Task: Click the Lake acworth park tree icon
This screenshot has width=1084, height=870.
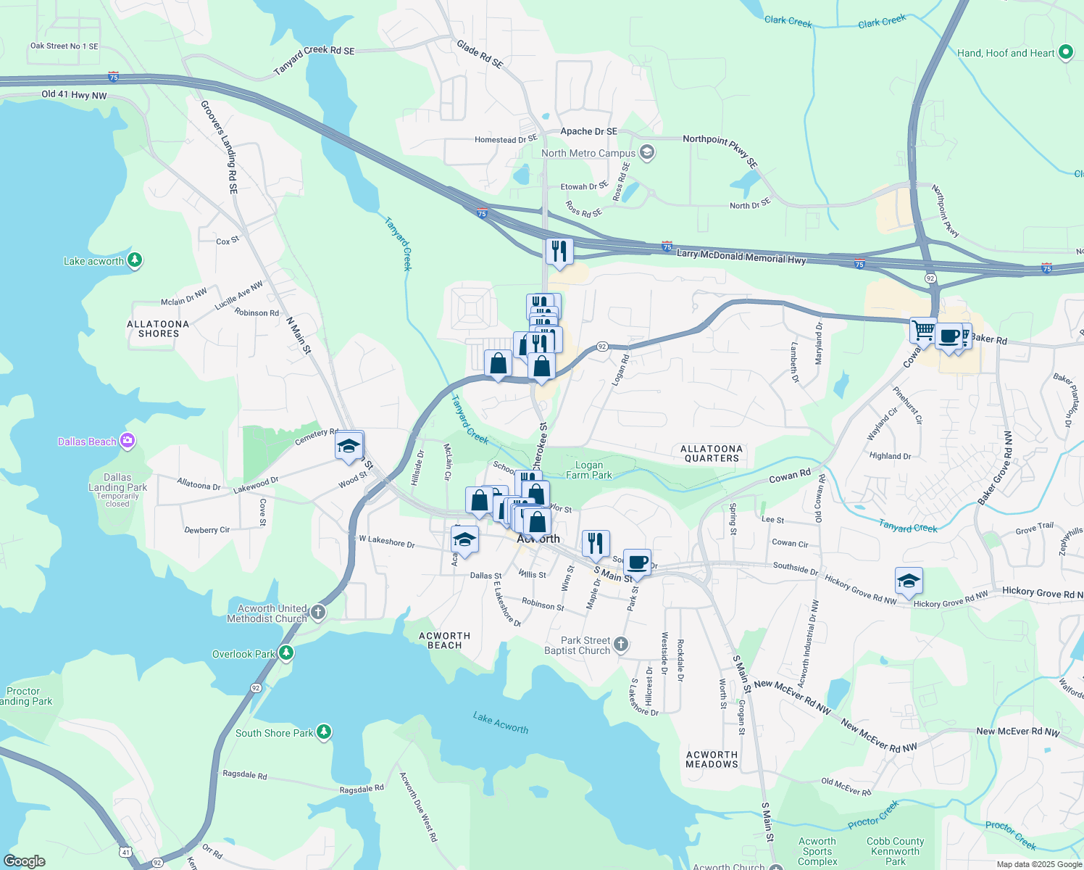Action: tap(134, 260)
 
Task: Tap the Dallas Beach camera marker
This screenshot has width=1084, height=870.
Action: tap(128, 441)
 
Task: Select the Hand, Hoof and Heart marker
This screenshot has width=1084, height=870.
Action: tap(1065, 52)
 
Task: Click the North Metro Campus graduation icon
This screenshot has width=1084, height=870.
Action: tap(647, 153)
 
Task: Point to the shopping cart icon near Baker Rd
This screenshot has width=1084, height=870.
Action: tap(923, 330)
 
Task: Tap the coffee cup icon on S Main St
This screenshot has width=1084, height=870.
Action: tap(637, 562)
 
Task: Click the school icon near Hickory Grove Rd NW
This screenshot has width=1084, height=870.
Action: tap(909, 580)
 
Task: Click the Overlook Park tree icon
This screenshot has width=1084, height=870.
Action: tap(286, 653)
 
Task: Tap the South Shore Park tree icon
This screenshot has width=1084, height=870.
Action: tap(324, 732)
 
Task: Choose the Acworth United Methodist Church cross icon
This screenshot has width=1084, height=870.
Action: tap(317, 613)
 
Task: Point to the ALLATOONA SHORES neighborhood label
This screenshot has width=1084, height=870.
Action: tap(158, 329)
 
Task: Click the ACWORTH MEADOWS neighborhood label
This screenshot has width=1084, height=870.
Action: tap(712, 759)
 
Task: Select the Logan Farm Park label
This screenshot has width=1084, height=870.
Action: tap(588, 470)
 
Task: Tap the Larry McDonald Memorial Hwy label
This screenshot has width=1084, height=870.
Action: tap(741, 256)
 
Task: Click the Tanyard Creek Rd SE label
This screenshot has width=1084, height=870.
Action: tap(314, 60)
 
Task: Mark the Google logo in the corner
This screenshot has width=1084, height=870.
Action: tap(25, 861)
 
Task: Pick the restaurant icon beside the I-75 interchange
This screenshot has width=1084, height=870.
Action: tap(559, 251)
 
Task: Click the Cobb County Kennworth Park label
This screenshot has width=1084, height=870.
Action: tap(895, 851)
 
